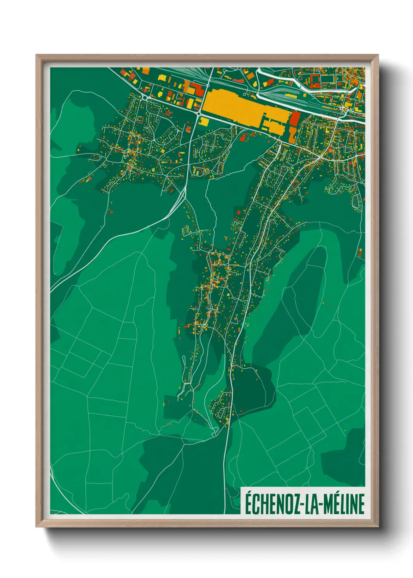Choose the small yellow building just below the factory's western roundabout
(204, 121)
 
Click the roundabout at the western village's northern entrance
(144, 97)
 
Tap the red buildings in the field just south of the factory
(245, 136)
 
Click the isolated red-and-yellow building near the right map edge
(360, 253)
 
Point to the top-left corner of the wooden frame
(37, 55)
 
